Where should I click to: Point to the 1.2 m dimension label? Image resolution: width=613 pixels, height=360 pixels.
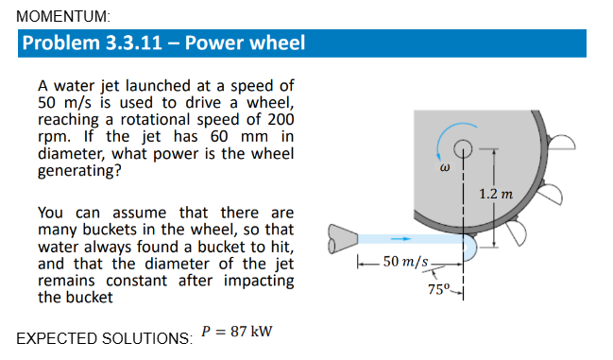click(x=494, y=194)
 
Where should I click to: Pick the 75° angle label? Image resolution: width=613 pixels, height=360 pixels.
click(x=438, y=289)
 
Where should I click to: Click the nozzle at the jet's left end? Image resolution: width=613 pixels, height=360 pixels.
click(x=341, y=239)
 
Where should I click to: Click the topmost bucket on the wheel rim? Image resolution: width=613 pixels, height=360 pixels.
click(x=558, y=141)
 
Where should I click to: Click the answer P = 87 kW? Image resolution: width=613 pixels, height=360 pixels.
click(x=237, y=333)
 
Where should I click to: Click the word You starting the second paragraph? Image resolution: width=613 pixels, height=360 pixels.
click(x=52, y=213)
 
